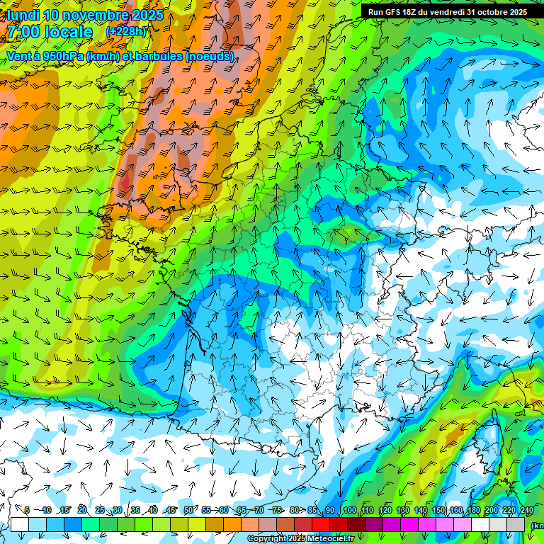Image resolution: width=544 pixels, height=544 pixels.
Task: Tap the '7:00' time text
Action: [x=25, y=33]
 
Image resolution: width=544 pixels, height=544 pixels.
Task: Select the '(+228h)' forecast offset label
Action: [x=126, y=32]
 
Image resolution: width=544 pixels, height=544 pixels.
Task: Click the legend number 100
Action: [x=349, y=511]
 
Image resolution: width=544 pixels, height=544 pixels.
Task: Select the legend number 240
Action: [x=526, y=511]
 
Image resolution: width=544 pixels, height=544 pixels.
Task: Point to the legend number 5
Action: [x=27, y=511]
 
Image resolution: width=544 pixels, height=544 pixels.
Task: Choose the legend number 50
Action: [x=188, y=511]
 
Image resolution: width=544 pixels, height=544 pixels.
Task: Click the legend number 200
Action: [x=491, y=511]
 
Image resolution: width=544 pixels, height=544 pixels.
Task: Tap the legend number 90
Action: [x=330, y=511]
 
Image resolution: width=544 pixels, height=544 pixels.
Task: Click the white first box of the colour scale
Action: [x=19, y=525]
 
